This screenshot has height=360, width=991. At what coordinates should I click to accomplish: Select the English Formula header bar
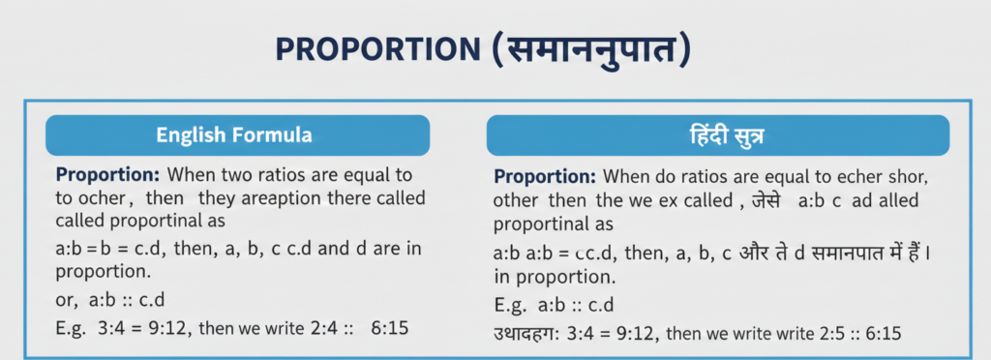tap(237, 135)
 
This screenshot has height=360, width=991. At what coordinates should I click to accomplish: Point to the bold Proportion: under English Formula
tap(108, 175)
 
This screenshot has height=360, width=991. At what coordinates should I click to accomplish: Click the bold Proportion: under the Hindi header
tap(545, 178)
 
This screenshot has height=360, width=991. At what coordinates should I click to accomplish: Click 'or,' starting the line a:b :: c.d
tap(69, 299)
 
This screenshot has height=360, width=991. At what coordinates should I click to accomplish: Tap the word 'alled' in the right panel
tap(890, 202)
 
